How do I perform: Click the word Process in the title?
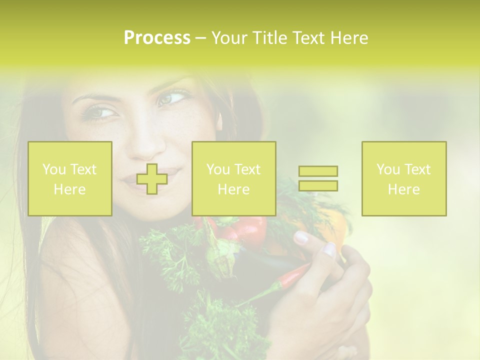157,38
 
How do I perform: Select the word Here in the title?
349,38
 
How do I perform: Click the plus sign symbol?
152,178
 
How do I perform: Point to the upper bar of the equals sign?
318,171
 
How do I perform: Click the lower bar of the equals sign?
318,185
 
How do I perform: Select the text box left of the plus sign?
70,178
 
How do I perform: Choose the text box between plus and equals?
233,178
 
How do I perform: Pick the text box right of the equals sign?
404,178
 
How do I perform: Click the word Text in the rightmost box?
417,169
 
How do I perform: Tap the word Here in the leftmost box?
70,189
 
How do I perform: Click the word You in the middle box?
218,169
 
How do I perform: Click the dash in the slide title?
201,38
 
